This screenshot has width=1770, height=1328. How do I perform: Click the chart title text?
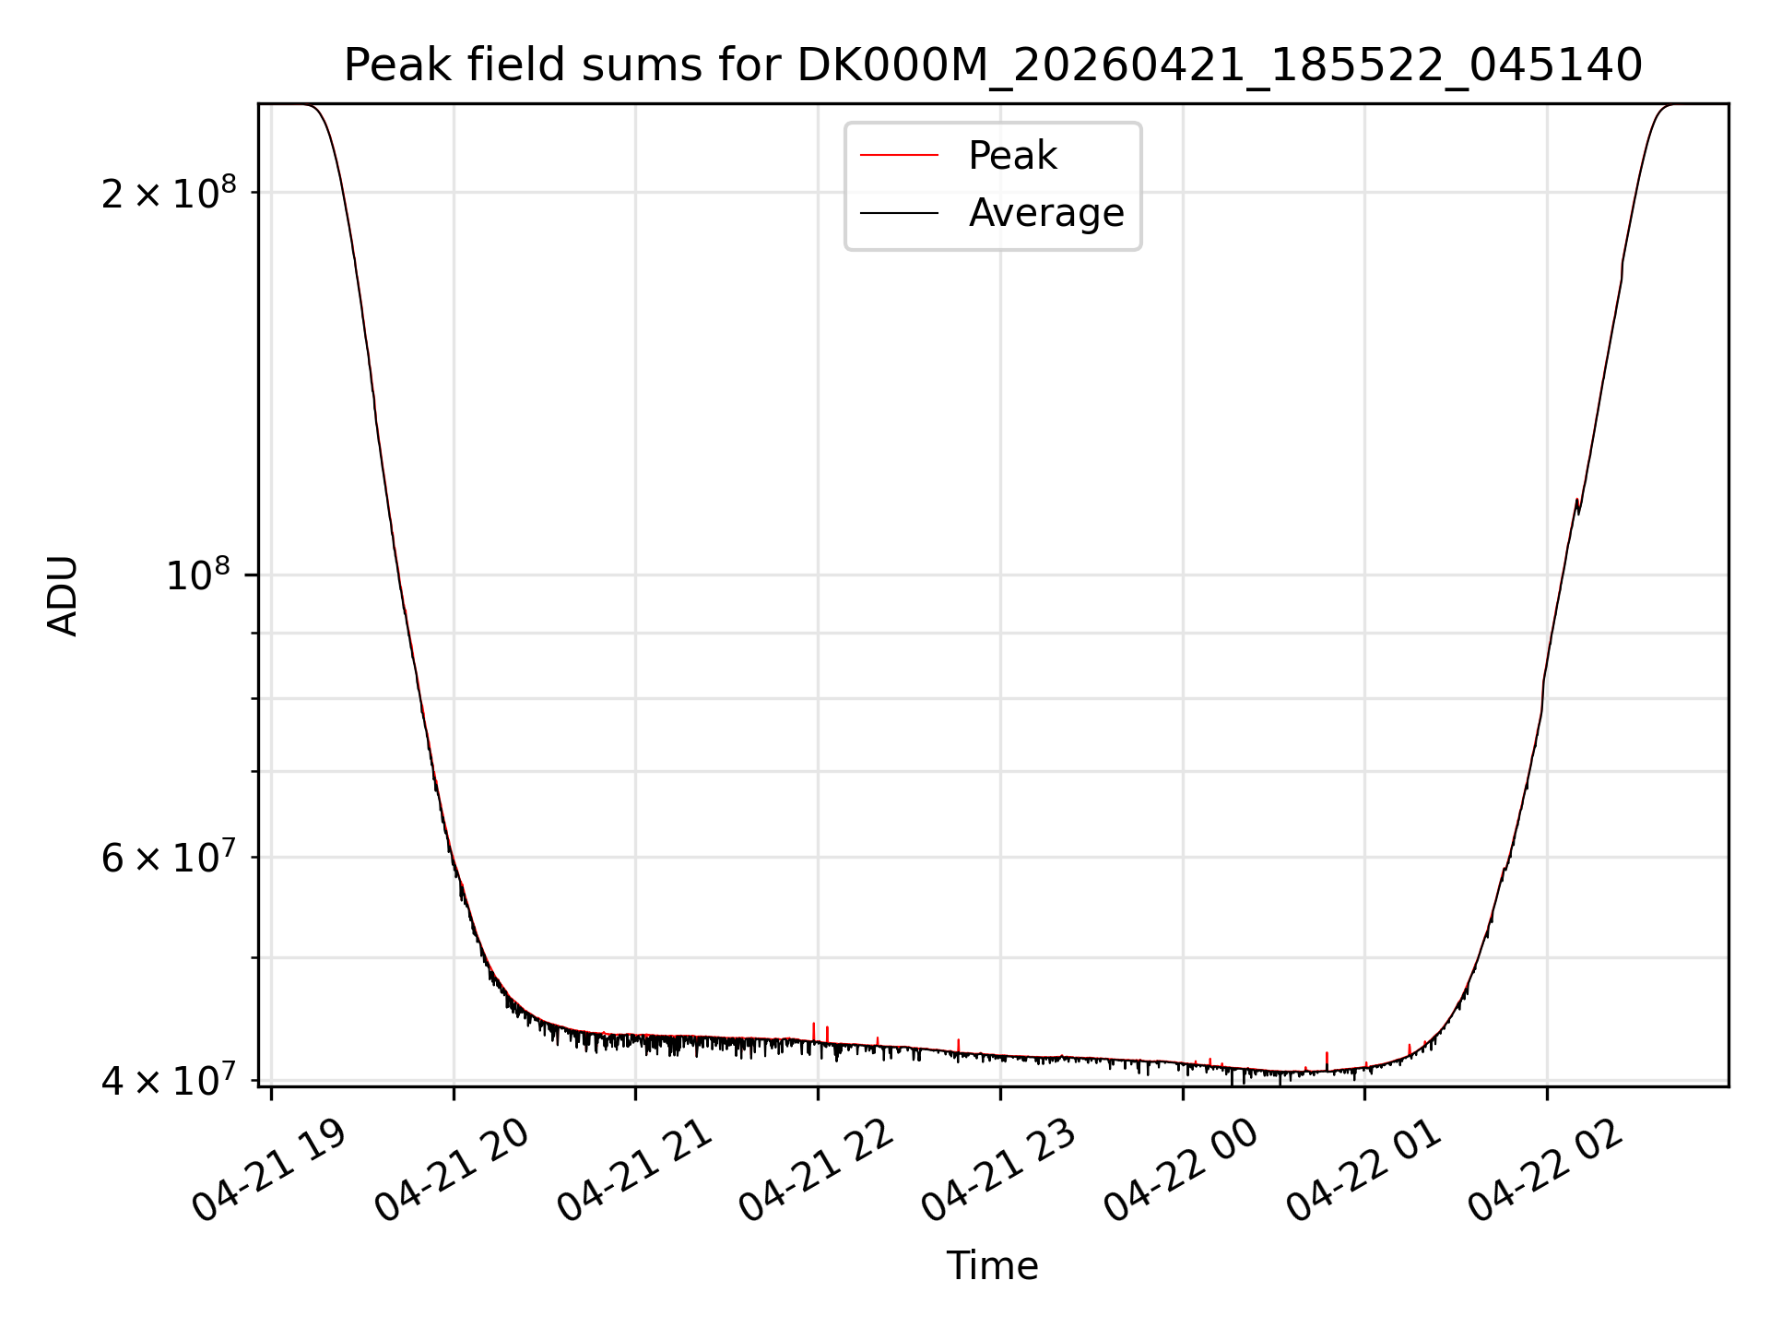click(x=993, y=65)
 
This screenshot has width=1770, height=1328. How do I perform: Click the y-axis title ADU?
click(x=63, y=596)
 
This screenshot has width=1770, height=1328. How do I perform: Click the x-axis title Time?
click(x=993, y=1266)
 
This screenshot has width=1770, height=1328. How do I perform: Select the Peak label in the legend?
click(x=1012, y=156)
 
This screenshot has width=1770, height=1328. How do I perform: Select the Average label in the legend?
click(x=1046, y=213)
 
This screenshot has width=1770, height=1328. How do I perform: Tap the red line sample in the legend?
click(x=899, y=156)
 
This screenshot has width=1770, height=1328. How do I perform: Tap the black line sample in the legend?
click(x=899, y=213)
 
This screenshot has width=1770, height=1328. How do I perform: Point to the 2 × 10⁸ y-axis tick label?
click(x=169, y=192)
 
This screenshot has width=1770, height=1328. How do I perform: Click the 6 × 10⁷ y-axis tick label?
click(x=169, y=857)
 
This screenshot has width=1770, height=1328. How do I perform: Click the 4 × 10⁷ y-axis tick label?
click(x=169, y=1080)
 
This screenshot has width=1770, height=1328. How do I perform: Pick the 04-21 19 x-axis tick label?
click(x=268, y=1171)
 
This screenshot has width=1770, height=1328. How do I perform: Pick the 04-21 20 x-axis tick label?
click(x=451, y=1171)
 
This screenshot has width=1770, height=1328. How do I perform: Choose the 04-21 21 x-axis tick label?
click(x=633, y=1171)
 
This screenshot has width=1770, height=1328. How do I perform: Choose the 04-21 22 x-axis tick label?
click(x=816, y=1171)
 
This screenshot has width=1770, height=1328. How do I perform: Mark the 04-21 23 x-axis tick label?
click(x=998, y=1171)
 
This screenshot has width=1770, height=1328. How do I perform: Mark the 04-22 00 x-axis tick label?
click(x=1181, y=1171)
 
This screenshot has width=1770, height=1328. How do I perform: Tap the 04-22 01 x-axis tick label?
click(x=1363, y=1171)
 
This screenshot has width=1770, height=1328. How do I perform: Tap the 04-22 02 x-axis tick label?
click(x=1546, y=1171)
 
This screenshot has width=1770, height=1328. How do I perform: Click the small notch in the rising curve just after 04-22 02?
click(x=1577, y=506)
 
